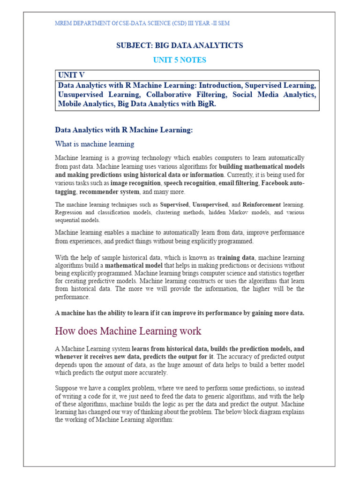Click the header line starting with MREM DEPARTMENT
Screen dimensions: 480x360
point(142,23)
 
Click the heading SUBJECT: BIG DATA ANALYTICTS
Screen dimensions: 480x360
point(180,45)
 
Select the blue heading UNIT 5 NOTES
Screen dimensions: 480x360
point(180,60)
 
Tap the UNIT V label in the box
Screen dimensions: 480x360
point(71,75)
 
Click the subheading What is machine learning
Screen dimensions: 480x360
point(95,144)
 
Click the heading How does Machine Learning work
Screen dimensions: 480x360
point(128,331)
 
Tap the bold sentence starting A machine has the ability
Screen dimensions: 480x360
point(180,313)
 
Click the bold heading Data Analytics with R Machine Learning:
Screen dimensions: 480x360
point(124,130)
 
